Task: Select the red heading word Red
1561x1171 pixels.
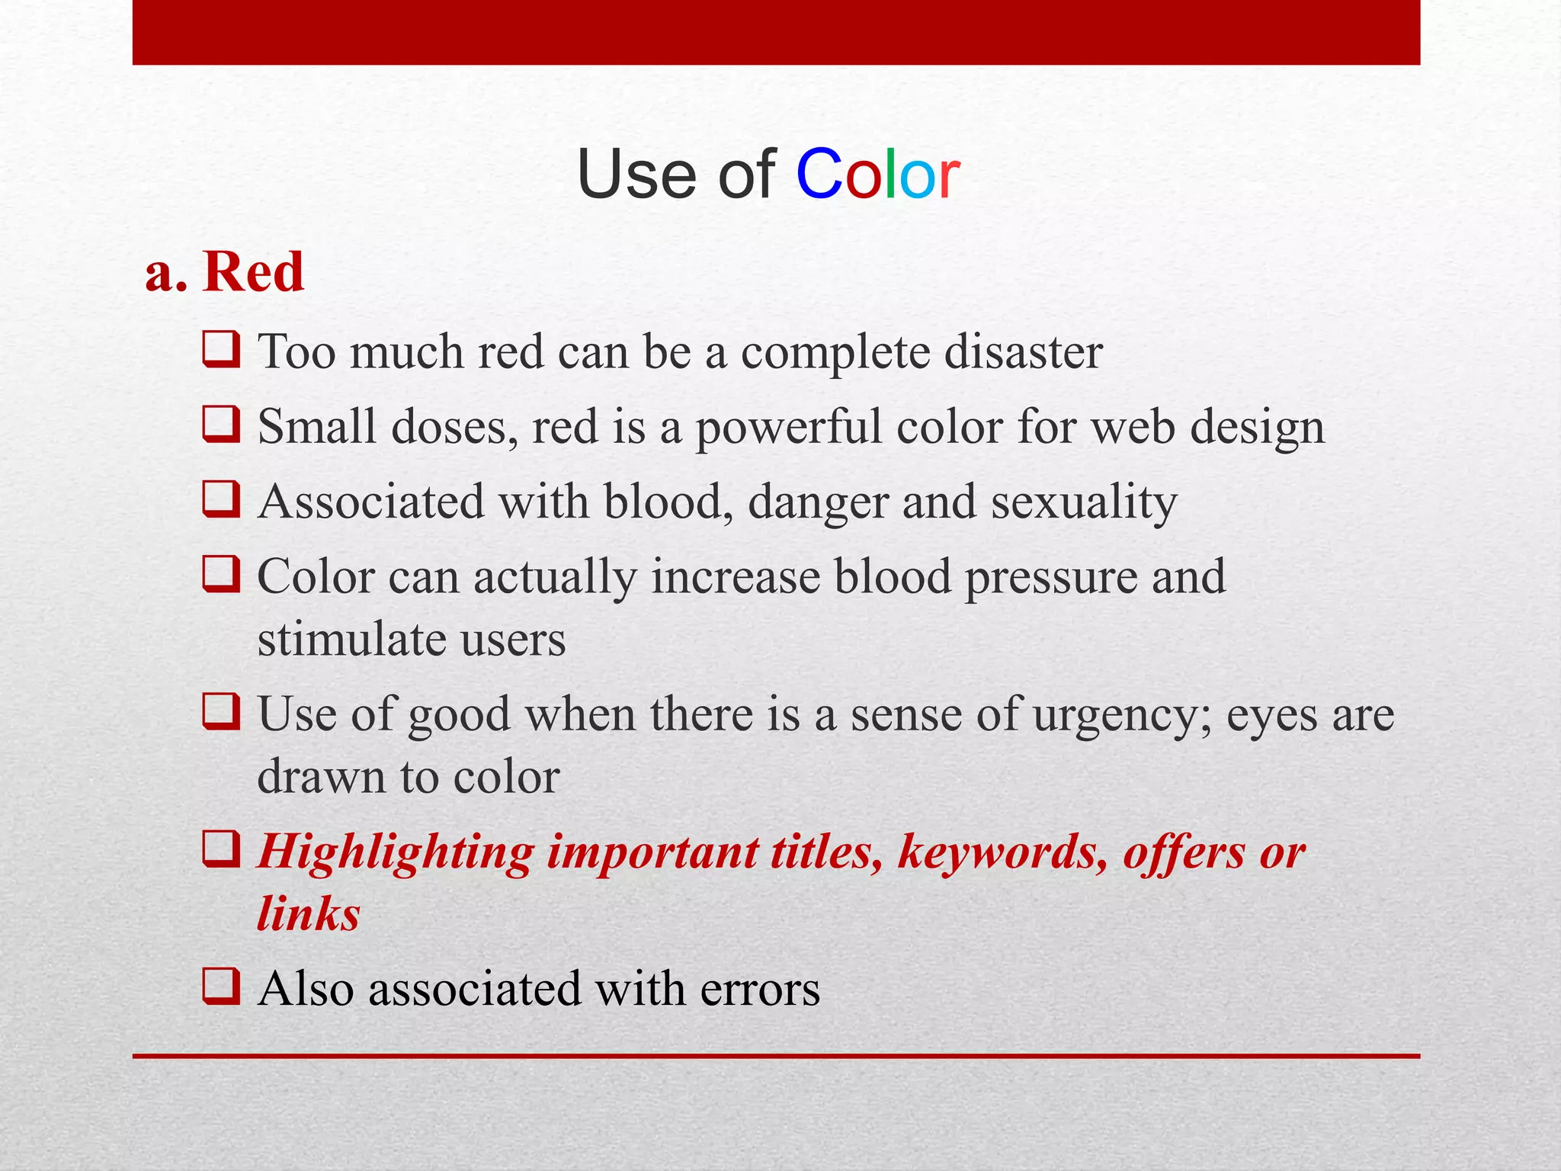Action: click(253, 272)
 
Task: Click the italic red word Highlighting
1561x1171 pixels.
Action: click(395, 852)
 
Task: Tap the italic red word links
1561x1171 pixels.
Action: click(308, 914)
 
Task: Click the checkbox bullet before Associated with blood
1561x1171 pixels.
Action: click(221, 499)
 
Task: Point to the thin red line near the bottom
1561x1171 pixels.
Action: click(776, 1056)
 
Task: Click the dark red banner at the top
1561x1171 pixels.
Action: click(776, 32)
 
